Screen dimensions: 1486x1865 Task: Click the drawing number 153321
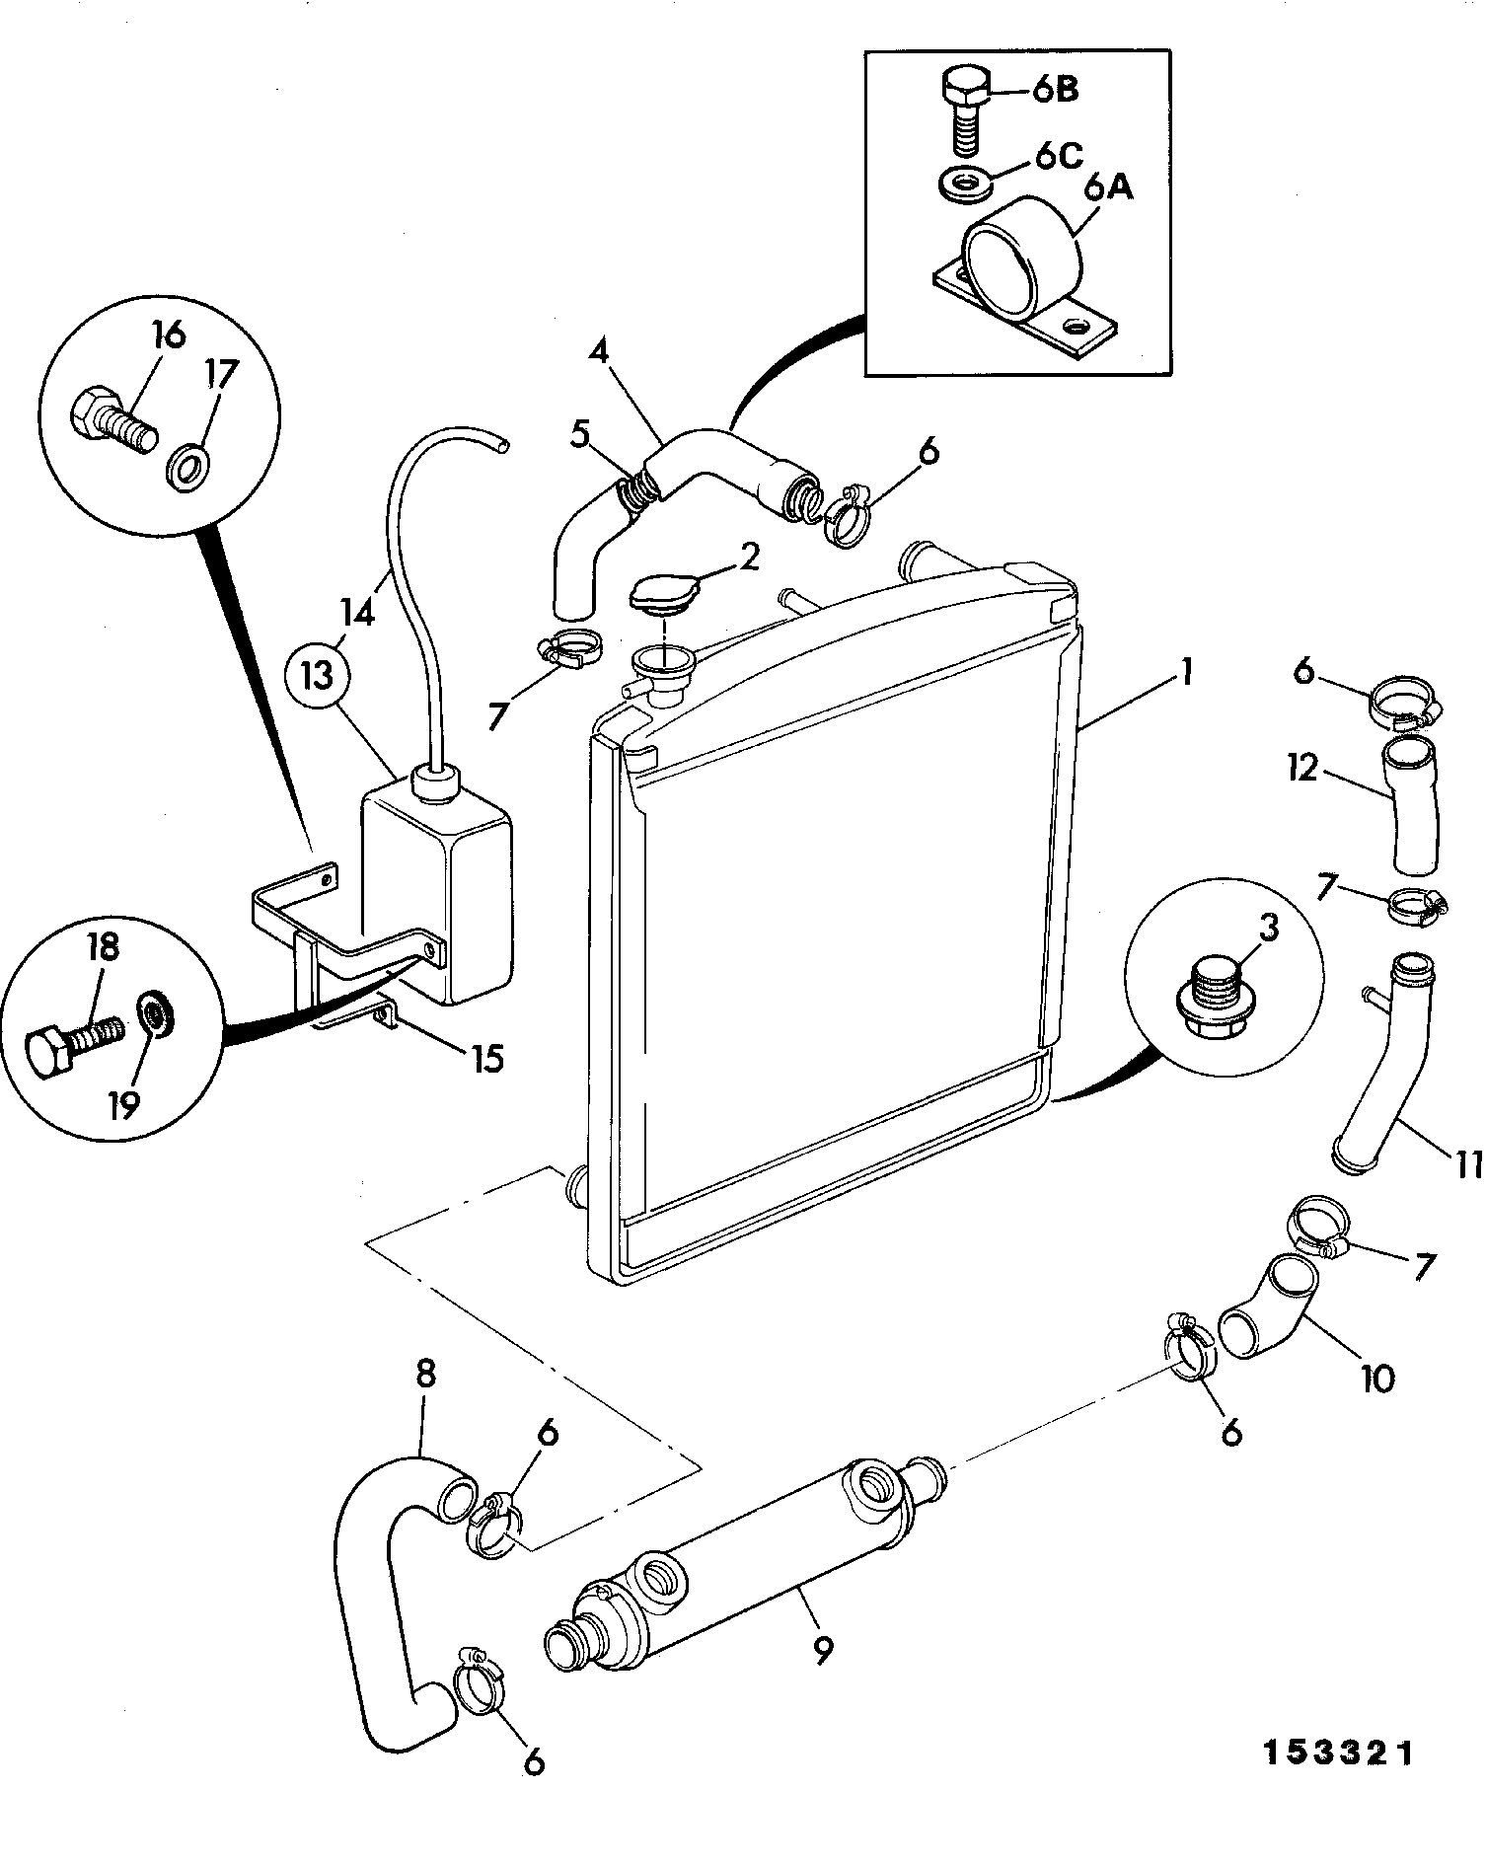click(1339, 1753)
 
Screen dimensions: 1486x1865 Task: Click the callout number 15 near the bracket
click(484, 1059)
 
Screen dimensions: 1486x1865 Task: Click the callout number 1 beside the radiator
click(1186, 674)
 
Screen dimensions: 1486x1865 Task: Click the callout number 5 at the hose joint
click(579, 432)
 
